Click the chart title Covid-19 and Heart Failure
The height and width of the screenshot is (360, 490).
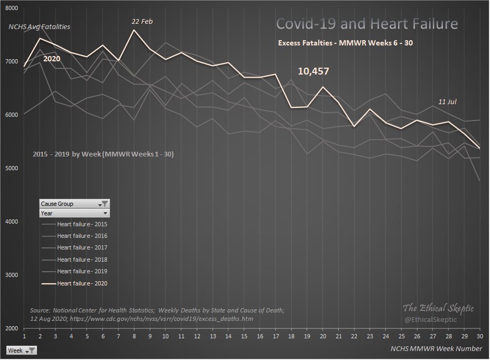coord(367,24)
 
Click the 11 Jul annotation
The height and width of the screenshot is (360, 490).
coord(447,101)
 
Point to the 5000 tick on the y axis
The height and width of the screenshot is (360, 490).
coord(12,169)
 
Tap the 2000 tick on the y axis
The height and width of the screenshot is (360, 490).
coord(12,329)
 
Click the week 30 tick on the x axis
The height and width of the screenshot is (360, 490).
coord(479,336)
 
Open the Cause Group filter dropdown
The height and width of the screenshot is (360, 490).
coord(105,204)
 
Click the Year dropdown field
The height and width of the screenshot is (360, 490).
coord(75,213)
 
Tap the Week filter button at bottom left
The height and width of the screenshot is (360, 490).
coord(21,350)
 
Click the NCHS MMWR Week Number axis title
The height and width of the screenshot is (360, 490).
coord(436,348)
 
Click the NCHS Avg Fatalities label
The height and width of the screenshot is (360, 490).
coord(39,26)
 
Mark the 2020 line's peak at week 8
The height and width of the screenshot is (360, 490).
coord(134,30)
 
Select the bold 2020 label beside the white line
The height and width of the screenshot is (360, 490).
coord(52,59)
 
